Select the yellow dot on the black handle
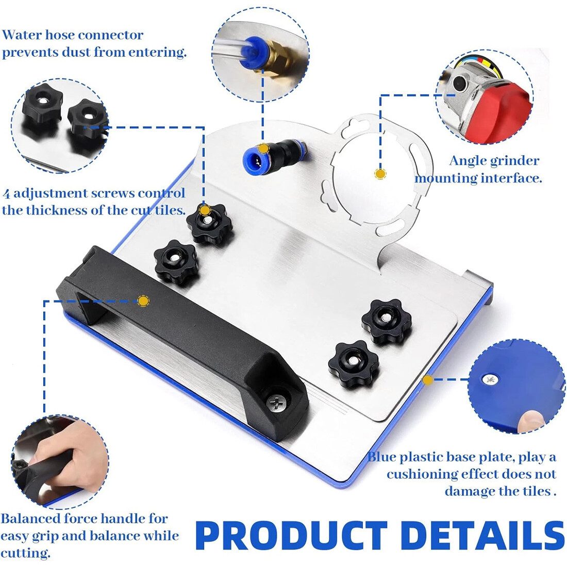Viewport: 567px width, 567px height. pyautogui.click(x=144, y=301)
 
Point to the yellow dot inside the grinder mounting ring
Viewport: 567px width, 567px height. pyautogui.click(x=380, y=174)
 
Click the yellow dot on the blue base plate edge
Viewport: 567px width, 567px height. pyautogui.click(x=428, y=380)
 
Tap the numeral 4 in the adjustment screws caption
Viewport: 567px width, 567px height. pyautogui.click(x=6, y=194)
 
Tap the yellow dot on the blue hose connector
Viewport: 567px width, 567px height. pyautogui.click(x=263, y=148)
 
